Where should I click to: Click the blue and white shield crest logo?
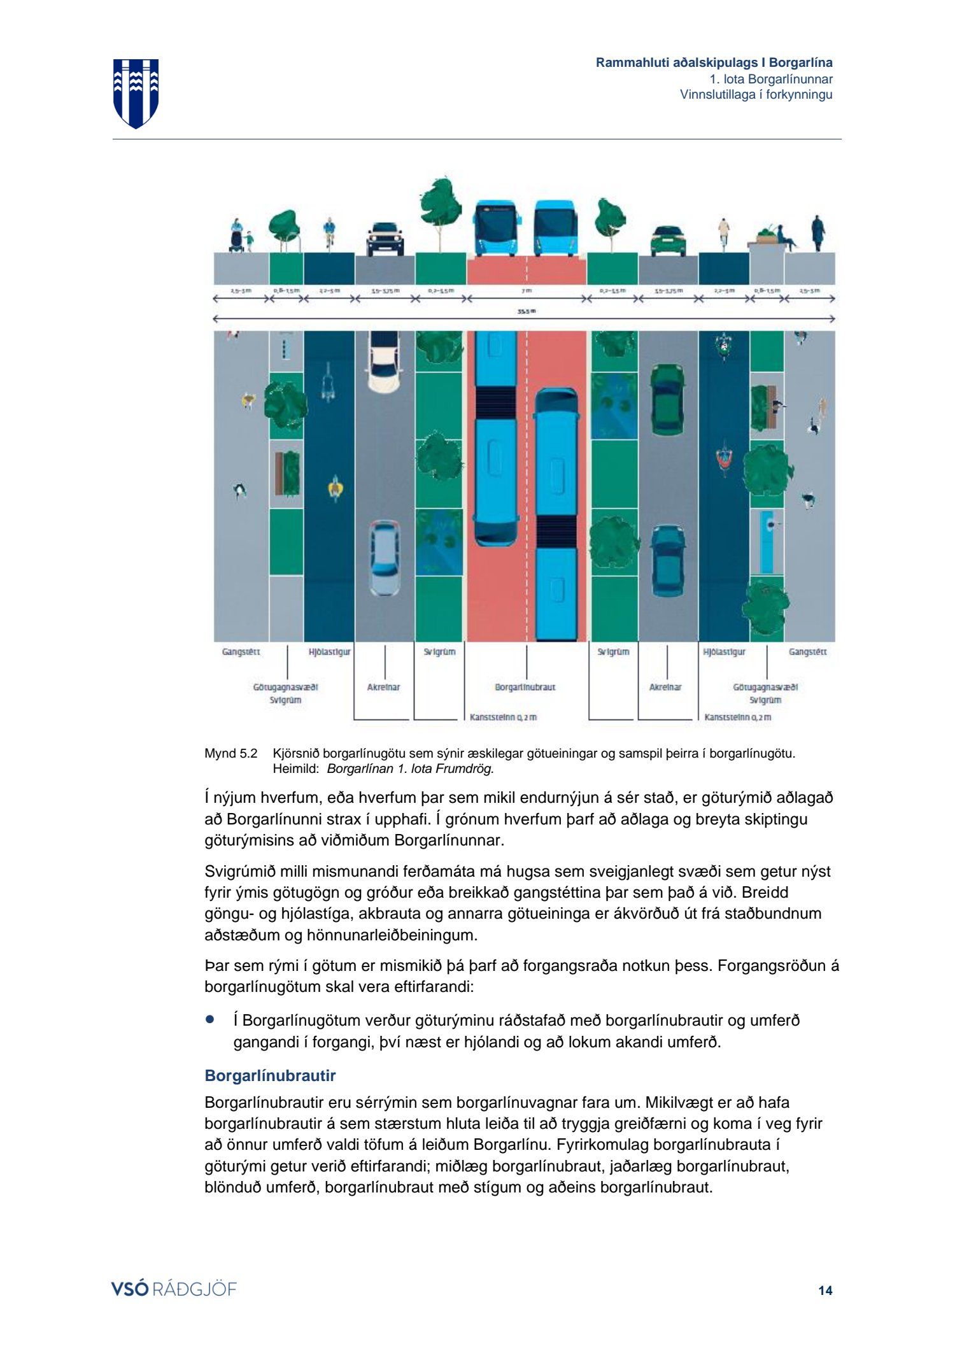pyautogui.click(x=136, y=93)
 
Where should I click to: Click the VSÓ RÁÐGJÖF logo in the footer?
pyautogui.click(x=174, y=1289)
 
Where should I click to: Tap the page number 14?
pyautogui.click(x=825, y=1291)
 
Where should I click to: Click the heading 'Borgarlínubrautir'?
pyautogui.click(x=270, y=1075)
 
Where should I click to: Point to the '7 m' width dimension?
pyautogui.click(x=526, y=290)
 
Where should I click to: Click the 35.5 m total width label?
pyautogui.click(x=526, y=311)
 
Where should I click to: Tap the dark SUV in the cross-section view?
pyautogui.click(x=385, y=239)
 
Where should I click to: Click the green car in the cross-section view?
pyautogui.click(x=667, y=240)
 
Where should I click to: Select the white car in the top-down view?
pyautogui.click(x=383, y=363)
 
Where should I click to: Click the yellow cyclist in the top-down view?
pyautogui.click(x=336, y=488)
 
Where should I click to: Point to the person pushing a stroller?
pyautogui.click(x=237, y=236)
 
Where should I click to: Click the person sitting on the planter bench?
pyautogui.click(x=784, y=237)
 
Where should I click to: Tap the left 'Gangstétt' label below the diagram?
pyautogui.click(x=241, y=651)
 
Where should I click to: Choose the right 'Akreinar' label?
pyautogui.click(x=665, y=687)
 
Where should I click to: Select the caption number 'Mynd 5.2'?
pyautogui.click(x=230, y=754)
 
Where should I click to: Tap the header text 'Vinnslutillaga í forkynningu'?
pyautogui.click(x=756, y=95)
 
